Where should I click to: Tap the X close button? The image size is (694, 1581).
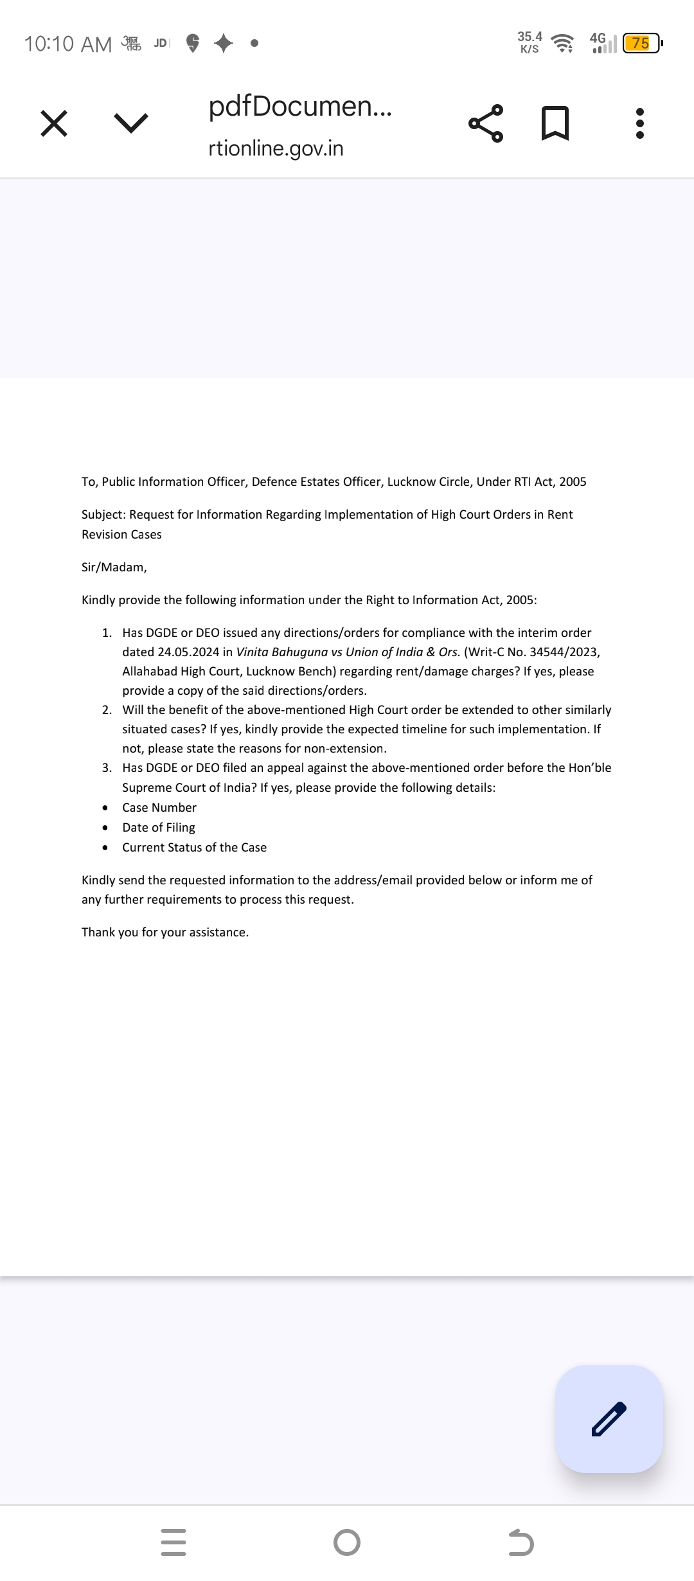point(54,123)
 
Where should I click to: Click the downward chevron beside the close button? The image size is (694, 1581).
point(130,123)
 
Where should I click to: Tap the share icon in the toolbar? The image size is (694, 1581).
point(486,123)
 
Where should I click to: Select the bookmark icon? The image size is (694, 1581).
point(555,123)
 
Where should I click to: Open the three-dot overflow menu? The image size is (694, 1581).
point(639,123)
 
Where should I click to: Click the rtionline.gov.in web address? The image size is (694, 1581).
point(276,148)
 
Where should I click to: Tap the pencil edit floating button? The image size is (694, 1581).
point(609,1418)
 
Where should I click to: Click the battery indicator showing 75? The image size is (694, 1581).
point(641,44)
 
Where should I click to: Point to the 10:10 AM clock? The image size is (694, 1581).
point(67,44)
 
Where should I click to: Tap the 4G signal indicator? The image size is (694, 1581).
point(602,43)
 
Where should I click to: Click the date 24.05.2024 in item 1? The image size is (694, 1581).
point(188,652)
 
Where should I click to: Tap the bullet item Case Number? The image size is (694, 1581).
point(159,808)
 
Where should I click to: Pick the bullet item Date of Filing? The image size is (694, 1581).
point(159,828)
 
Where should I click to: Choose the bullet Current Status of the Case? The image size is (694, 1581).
point(194,848)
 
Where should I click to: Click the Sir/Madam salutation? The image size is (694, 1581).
point(114,567)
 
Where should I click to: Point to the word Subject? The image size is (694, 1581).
point(103,515)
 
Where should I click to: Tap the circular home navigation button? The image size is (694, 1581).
point(347,1542)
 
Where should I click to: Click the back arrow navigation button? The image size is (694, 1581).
point(520,1542)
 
